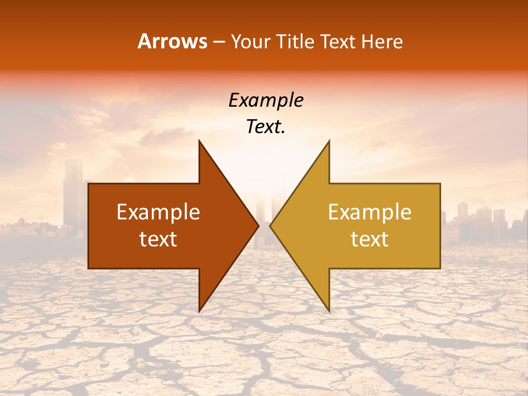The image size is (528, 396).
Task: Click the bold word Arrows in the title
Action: point(173,41)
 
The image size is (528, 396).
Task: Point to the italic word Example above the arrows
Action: point(266,101)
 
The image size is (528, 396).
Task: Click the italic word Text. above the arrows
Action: point(266,127)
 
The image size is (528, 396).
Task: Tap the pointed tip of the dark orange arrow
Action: point(258,226)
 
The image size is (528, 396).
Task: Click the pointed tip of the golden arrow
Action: point(271,226)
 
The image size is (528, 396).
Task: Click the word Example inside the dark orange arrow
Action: point(158,212)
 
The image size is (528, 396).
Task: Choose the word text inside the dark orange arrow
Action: point(158,239)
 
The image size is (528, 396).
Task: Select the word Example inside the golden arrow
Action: point(370,212)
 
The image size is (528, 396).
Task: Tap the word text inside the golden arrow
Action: point(370,239)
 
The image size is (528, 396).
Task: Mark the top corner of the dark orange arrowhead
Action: point(200,141)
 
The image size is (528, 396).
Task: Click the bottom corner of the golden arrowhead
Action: point(329,311)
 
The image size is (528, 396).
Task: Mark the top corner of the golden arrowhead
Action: point(329,141)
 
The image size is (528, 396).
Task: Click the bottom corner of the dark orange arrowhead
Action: point(200,311)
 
